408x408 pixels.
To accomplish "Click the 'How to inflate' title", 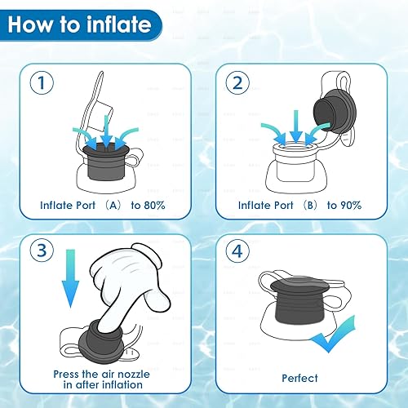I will click(x=79, y=24).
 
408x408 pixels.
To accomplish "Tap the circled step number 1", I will click(x=39, y=82).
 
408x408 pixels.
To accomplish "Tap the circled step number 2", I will click(x=237, y=82).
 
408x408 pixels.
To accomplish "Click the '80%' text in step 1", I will click(x=152, y=205).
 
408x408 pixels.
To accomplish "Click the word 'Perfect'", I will click(x=300, y=378).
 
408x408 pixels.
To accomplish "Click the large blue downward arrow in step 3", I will click(x=70, y=286).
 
